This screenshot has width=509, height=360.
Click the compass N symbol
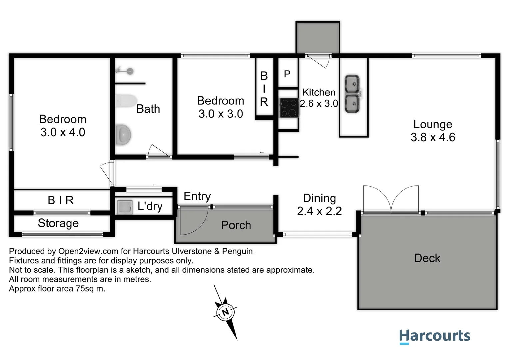[x=226, y=312]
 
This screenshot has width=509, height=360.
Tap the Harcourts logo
[x=435, y=336]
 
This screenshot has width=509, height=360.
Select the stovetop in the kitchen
[x=289, y=108]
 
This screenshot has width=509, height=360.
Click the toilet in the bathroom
[x=126, y=101]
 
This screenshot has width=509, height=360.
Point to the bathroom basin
[x=123, y=135]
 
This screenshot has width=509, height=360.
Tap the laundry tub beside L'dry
[x=125, y=207]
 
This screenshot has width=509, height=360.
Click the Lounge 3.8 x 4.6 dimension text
[x=433, y=137]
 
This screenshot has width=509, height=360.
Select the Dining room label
[x=319, y=198]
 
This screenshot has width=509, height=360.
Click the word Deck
[x=427, y=258]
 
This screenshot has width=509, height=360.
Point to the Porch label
[x=236, y=225]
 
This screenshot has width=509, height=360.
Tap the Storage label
[x=58, y=223]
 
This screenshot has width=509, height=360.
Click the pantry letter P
[x=287, y=74]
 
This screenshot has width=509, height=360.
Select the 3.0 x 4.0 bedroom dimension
[x=63, y=132]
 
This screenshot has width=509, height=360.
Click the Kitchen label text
[x=319, y=92]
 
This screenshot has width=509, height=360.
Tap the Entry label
[x=197, y=196]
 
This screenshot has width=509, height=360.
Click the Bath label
[x=148, y=109]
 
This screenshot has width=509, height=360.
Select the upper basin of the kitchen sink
[x=352, y=83]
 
